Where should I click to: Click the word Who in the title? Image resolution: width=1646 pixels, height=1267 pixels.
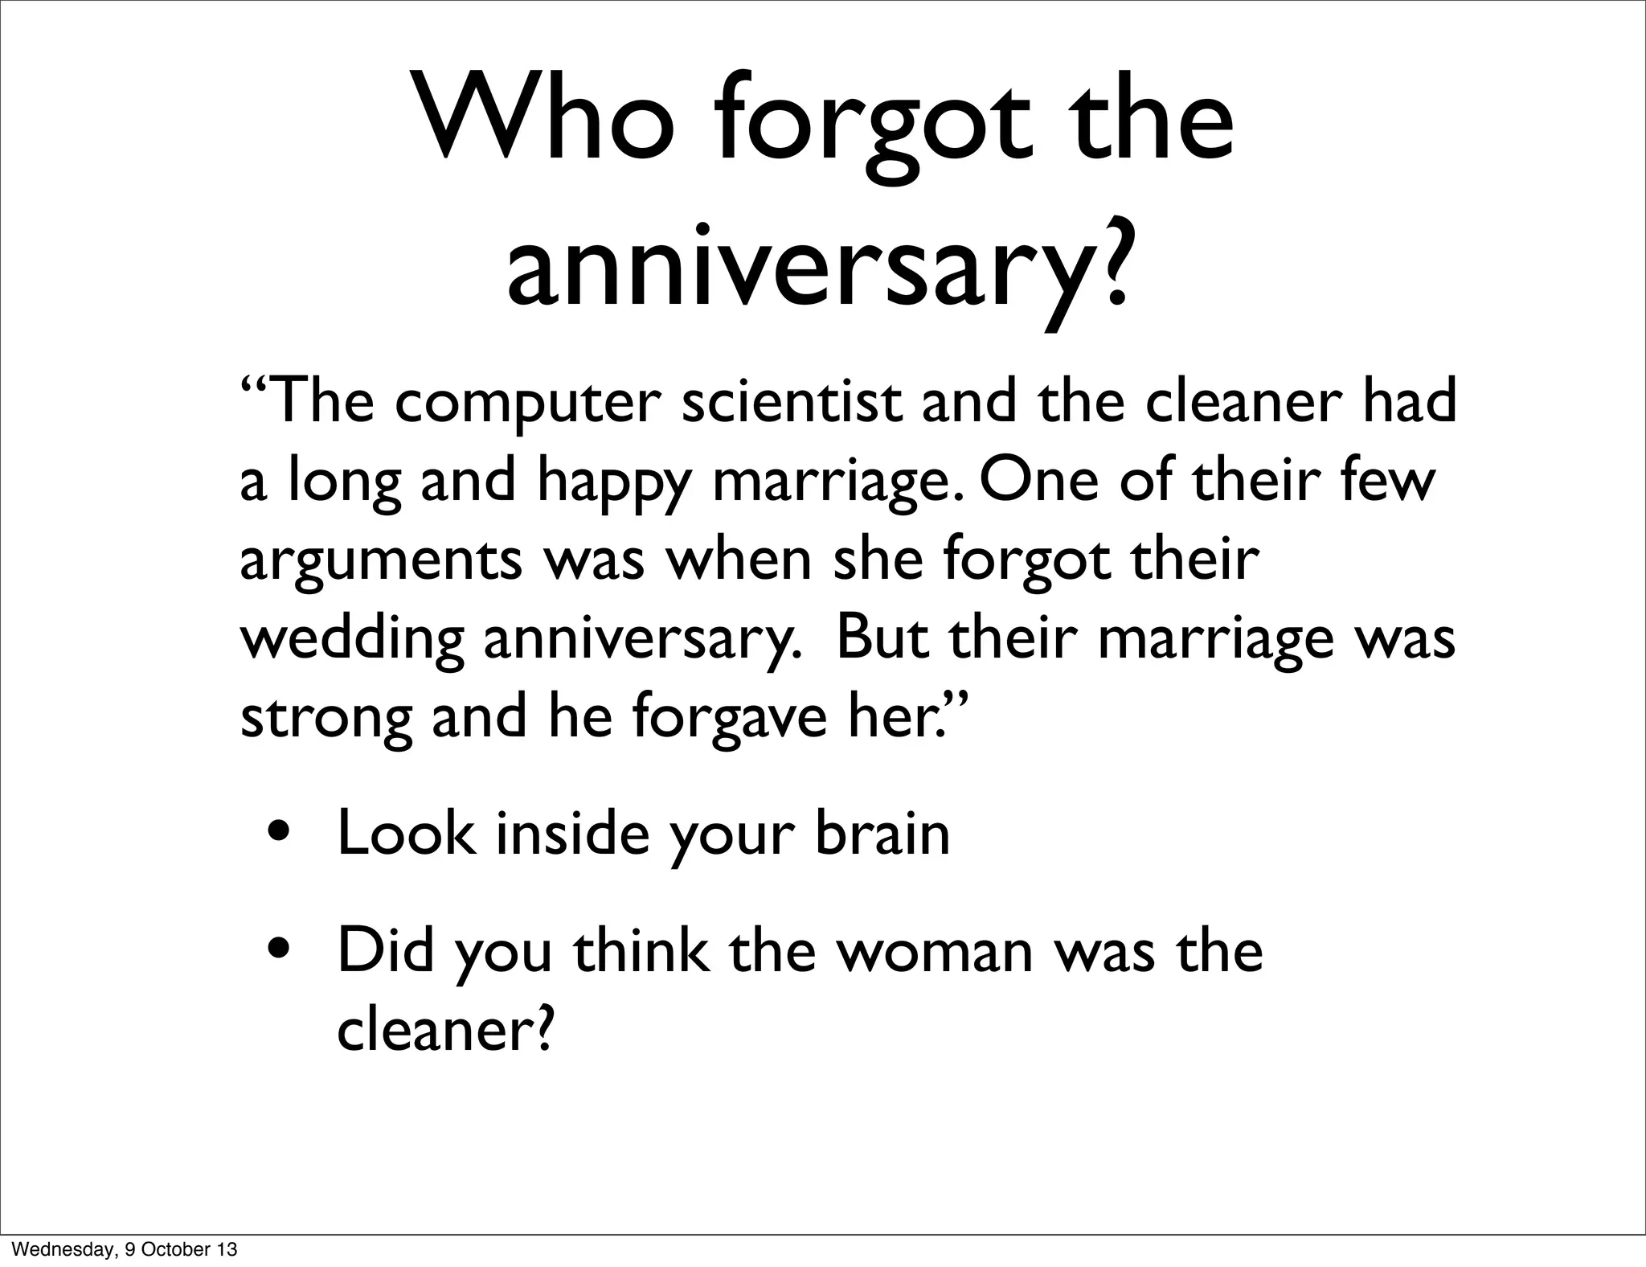(x=546, y=118)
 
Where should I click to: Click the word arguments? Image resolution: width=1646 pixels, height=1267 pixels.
(x=381, y=561)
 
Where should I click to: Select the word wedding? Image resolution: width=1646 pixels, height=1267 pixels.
(x=352, y=640)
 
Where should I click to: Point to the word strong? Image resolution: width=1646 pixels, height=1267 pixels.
(x=326, y=717)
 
